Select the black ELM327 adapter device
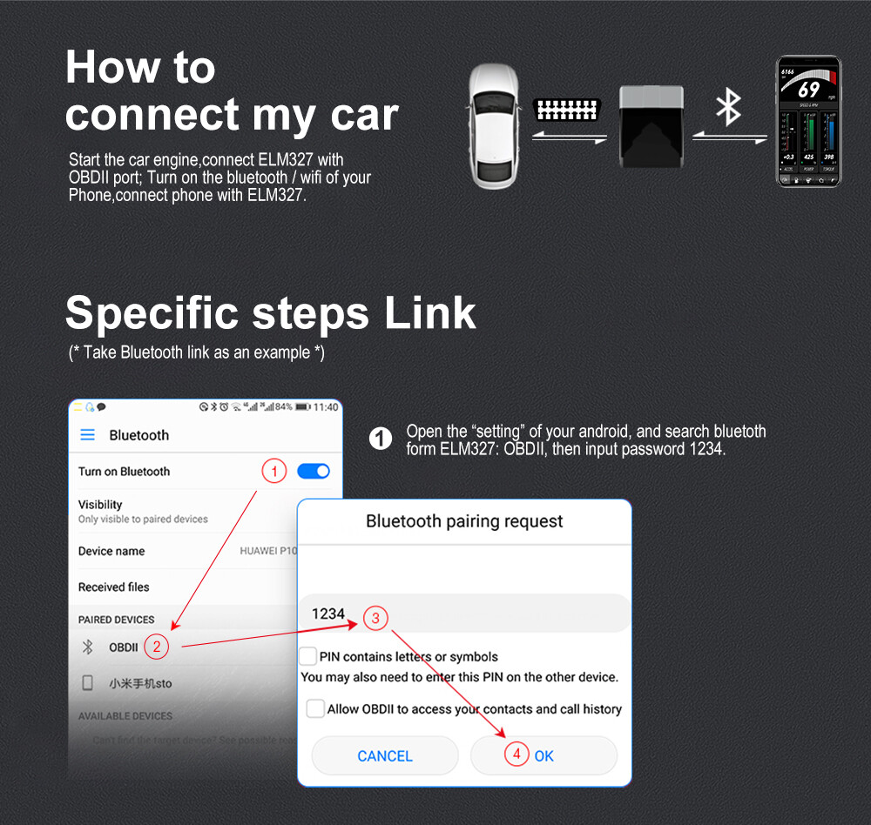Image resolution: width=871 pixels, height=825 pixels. [x=652, y=125]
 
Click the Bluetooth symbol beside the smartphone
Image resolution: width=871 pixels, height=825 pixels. [x=728, y=106]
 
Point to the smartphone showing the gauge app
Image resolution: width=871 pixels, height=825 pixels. [x=808, y=121]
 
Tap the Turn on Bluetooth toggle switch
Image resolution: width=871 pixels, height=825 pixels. [x=314, y=471]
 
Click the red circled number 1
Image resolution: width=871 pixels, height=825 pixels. [x=273, y=472]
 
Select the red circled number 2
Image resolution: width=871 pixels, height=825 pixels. [x=156, y=646]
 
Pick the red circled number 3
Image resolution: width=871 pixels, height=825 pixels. [x=375, y=618]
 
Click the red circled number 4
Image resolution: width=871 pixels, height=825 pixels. [x=517, y=755]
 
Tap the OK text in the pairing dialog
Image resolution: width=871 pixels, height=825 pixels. [x=544, y=756]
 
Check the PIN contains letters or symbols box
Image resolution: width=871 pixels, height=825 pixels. [x=307, y=656]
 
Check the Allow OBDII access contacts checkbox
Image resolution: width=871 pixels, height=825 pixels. [x=315, y=708]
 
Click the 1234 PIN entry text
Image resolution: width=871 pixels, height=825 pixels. [x=328, y=614]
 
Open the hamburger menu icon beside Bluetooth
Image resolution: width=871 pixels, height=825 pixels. [x=87, y=435]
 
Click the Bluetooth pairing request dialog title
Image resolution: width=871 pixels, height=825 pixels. [x=464, y=521]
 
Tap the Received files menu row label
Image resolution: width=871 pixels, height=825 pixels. [x=113, y=587]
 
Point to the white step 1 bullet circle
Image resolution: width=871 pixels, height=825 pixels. [x=381, y=439]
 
